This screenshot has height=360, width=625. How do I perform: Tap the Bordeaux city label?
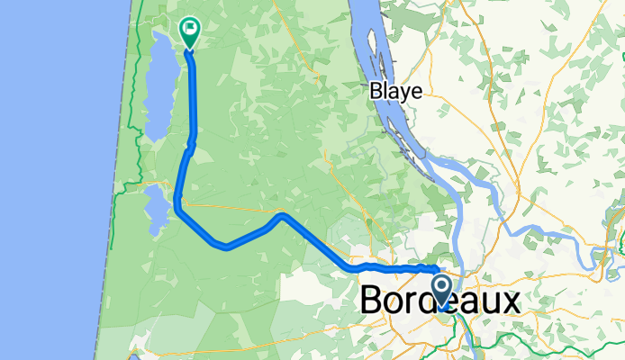coord(440,301)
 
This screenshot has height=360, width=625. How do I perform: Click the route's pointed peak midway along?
coord(283,215)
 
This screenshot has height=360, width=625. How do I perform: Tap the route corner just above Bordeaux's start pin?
coord(437,269)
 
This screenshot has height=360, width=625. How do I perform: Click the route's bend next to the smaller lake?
coord(178,210)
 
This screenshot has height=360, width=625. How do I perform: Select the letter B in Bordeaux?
coord(373,301)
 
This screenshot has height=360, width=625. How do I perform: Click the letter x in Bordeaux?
coord(510,301)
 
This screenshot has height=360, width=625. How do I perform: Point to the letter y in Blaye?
coord(406,93)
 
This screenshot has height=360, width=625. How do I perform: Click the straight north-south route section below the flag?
coord(194,99)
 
